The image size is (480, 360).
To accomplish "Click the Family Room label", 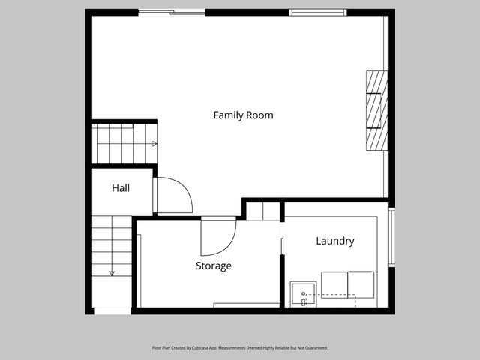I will [x=243, y=115].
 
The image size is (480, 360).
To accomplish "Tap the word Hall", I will [x=121, y=188].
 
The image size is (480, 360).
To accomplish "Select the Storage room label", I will [x=214, y=265].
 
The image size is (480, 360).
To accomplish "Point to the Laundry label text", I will [x=334, y=241].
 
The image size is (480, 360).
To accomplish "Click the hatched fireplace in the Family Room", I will [x=376, y=110].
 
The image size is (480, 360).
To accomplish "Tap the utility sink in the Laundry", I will [x=303, y=295].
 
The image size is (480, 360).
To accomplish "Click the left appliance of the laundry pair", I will [x=334, y=284].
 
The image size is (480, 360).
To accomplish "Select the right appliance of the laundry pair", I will [x=361, y=284].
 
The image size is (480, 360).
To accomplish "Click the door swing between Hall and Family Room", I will [x=174, y=196].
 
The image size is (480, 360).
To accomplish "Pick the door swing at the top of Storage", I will [x=217, y=235].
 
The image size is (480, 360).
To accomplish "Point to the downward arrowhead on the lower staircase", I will [x=112, y=274].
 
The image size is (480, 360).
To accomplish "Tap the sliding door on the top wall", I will [x=172, y=12].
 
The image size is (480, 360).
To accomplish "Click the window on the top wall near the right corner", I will [x=318, y=12].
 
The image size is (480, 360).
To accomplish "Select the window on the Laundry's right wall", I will [x=391, y=238].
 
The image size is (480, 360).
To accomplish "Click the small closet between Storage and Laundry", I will [x=262, y=211].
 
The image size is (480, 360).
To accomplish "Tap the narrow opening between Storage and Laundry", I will [x=282, y=247].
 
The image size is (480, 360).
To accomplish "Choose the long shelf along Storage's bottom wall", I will [x=246, y=305].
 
